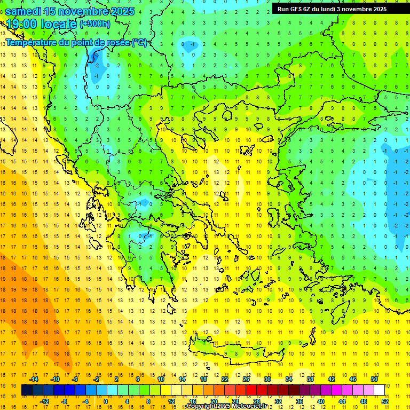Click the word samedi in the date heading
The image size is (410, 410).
click(x=25, y=11)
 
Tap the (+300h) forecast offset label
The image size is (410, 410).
click(x=95, y=24)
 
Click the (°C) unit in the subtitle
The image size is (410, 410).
click(x=139, y=42)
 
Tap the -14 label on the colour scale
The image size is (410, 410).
click(x=34, y=379)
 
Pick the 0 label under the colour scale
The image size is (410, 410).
click(x=106, y=401)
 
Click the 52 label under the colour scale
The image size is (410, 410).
click(x=385, y=401)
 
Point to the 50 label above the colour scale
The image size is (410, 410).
click(x=374, y=379)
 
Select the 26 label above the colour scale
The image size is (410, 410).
click(x=246, y=379)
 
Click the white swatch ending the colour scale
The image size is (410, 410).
click(x=379, y=390)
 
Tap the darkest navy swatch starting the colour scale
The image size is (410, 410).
click(x=27, y=390)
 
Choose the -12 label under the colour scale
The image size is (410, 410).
click(x=44, y=401)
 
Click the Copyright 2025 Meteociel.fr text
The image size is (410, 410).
click(x=227, y=406)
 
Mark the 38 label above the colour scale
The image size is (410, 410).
click(x=310, y=379)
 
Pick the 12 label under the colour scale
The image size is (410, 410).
click(x=171, y=401)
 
